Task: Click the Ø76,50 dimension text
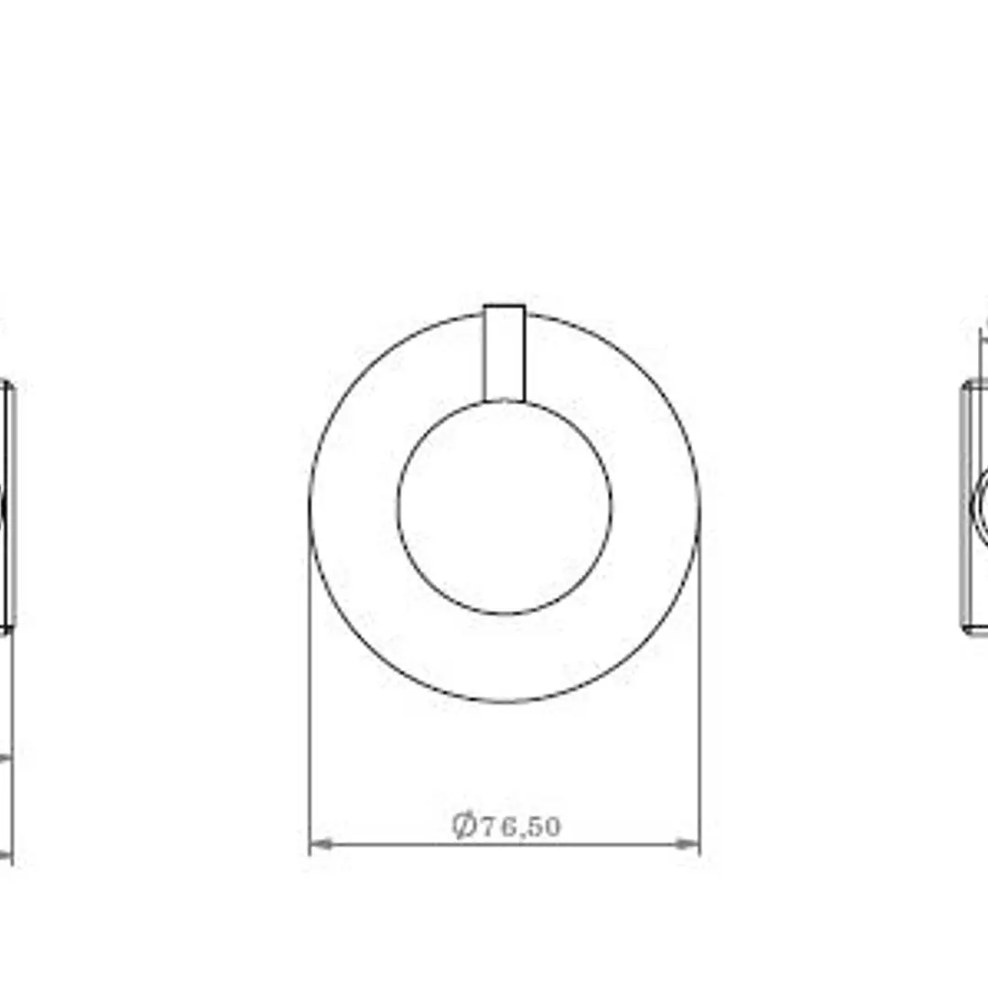[506, 825]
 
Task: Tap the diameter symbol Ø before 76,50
[463, 825]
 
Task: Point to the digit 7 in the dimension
[489, 827]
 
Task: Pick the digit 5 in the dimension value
[532, 827]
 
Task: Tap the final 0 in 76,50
[551, 827]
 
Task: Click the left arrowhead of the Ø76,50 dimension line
[321, 843]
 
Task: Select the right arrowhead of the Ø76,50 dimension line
[687, 843]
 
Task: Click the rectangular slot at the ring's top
[505, 353]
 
